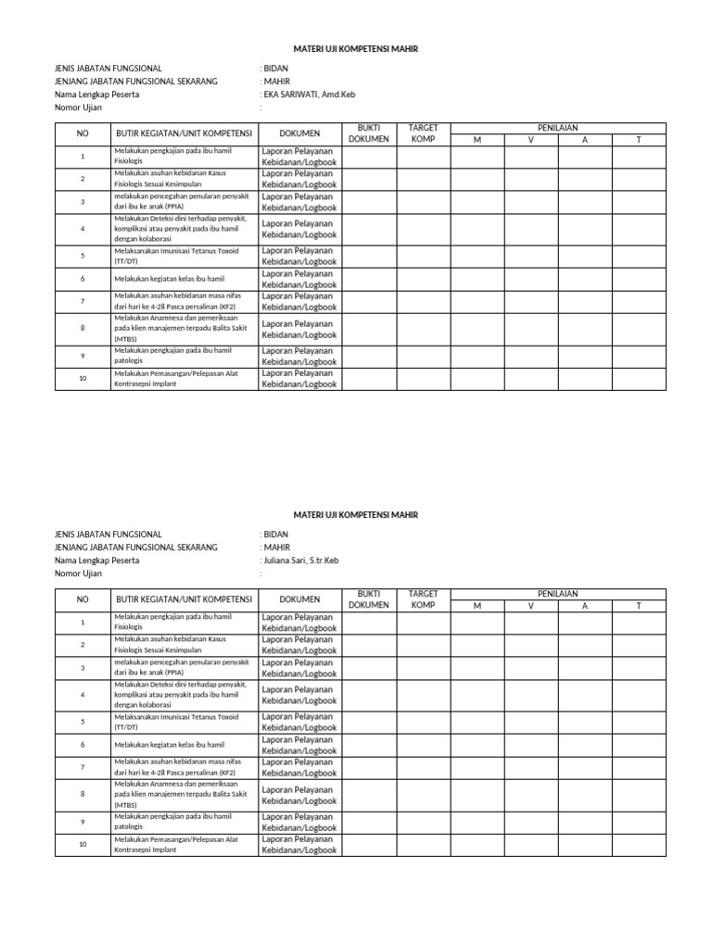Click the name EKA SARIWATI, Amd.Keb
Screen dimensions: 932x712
[310, 94]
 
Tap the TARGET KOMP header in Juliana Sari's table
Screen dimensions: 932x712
[423, 598]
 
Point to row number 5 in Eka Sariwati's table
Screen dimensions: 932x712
[83, 256]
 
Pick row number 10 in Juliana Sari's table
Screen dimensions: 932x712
[83, 844]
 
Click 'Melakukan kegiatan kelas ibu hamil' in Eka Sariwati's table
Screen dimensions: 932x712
[169, 278]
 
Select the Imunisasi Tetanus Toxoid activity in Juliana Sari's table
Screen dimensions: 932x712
[176, 722]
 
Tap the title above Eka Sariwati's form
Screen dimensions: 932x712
[356, 49]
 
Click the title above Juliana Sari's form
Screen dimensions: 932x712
[356, 514]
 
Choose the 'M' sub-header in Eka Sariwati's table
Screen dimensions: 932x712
[477, 140]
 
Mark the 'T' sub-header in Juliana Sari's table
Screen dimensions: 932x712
[638, 606]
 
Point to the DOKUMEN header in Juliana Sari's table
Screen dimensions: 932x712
[299, 599]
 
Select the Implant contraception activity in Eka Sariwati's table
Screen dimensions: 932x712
[176, 378]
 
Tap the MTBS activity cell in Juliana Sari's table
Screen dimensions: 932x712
[181, 794]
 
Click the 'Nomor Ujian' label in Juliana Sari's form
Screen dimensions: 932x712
[78, 573]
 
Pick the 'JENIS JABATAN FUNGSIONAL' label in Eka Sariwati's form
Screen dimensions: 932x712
[108, 69]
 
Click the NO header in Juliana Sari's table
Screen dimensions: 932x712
[83, 599]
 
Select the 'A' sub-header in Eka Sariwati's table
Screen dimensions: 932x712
[584, 140]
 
